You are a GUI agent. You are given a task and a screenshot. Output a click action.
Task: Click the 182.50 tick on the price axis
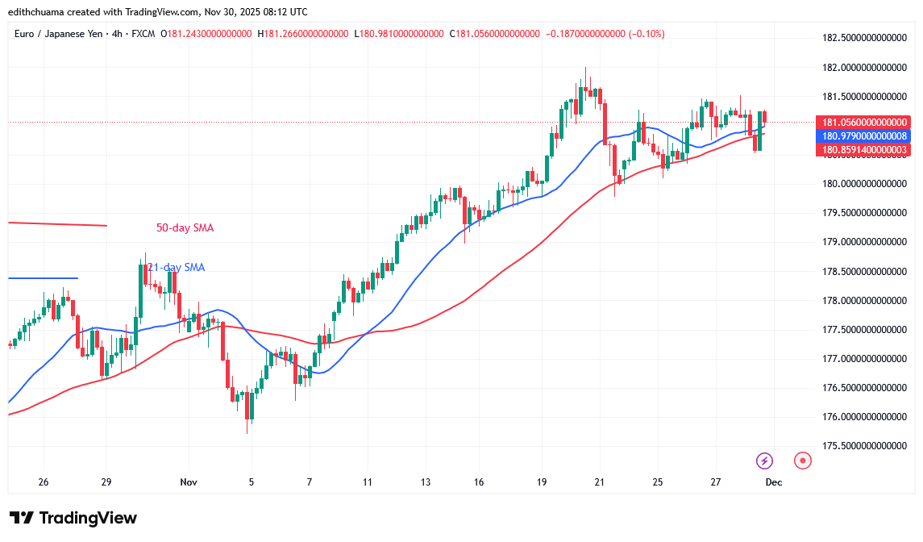pyautogui.click(x=863, y=38)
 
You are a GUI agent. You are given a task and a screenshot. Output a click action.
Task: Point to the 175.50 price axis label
pyautogui.click(x=863, y=445)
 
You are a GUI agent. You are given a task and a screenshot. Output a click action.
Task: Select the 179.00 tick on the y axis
pyautogui.click(x=863, y=242)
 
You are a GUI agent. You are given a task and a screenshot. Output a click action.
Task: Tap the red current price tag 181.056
pyautogui.click(x=863, y=123)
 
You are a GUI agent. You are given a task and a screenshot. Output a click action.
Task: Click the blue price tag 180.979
pyautogui.click(x=863, y=136)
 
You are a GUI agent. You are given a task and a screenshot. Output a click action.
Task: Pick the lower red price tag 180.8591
pyautogui.click(x=863, y=150)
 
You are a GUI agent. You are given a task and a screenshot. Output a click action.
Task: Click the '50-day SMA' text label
pyautogui.click(x=185, y=228)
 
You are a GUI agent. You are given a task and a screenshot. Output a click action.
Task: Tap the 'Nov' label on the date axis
pyautogui.click(x=189, y=482)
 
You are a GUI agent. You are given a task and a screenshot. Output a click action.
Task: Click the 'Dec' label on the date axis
pyautogui.click(x=772, y=482)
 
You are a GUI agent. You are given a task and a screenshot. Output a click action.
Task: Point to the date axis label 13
pyautogui.click(x=425, y=482)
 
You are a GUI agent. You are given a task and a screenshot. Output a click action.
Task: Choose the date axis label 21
pyautogui.click(x=600, y=482)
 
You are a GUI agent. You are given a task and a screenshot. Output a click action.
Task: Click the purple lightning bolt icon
pyautogui.click(x=764, y=461)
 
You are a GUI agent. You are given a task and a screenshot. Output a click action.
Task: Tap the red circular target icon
pyautogui.click(x=801, y=461)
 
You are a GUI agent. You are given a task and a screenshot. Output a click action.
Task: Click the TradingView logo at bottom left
pyautogui.click(x=73, y=518)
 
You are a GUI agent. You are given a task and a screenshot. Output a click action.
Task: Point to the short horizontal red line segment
pyautogui.click(x=56, y=223)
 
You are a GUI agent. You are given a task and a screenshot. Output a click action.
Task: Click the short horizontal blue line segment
pyautogui.click(x=43, y=278)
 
